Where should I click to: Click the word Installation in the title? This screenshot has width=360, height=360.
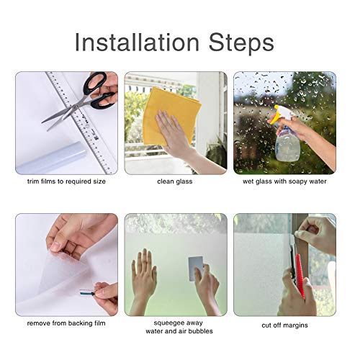point(137,42)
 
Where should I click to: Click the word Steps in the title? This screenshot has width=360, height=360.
point(241,42)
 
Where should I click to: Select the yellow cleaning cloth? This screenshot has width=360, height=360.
point(171,115)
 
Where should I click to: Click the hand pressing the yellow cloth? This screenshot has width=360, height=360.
point(174,135)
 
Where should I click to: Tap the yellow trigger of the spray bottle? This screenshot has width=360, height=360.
point(279,114)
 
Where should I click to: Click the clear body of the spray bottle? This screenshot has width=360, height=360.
point(287,145)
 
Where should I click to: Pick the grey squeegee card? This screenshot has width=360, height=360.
point(196,269)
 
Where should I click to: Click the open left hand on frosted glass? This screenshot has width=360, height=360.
point(144,275)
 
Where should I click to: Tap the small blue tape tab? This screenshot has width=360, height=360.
point(87,293)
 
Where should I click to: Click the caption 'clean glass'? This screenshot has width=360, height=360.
point(175,181)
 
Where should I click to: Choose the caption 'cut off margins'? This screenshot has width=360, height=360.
point(284,325)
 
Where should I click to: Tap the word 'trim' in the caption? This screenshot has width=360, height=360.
point(33,181)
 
